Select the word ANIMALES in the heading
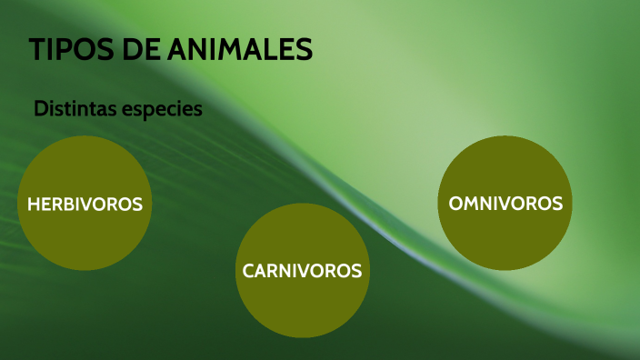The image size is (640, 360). tap(241, 51)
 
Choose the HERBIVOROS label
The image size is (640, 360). tap(85, 205)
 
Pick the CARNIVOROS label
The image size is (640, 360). tap(302, 271)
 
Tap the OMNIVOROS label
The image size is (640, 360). tap(506, 204)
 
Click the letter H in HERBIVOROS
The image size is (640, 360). tap(33, 205)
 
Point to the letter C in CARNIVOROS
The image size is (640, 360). tap(248, 271)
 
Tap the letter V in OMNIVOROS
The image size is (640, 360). tap(503, 204)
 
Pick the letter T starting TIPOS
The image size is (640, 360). tap(37, 51)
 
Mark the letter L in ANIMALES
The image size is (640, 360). tap(270, 51)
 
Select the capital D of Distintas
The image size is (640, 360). tap(40, 109)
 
